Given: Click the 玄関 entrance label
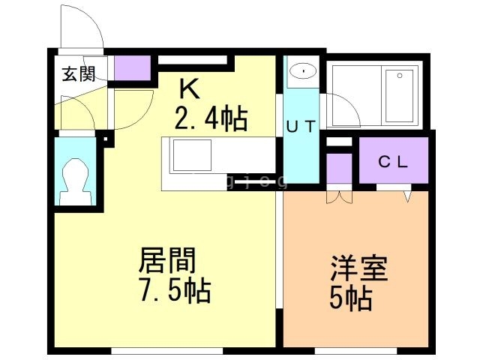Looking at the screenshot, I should coord(79,74).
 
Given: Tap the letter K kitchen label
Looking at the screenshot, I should coord(188,90).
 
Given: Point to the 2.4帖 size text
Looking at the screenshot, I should coord(211,118).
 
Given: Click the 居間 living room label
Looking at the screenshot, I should coord(167,260).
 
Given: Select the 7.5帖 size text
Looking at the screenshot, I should coord(172,289).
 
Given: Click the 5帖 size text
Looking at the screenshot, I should coord(350,298).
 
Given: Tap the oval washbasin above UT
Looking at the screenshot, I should coord(304,72).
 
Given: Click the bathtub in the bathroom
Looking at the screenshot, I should coord(400,97).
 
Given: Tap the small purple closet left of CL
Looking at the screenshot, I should coord(340,169).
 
